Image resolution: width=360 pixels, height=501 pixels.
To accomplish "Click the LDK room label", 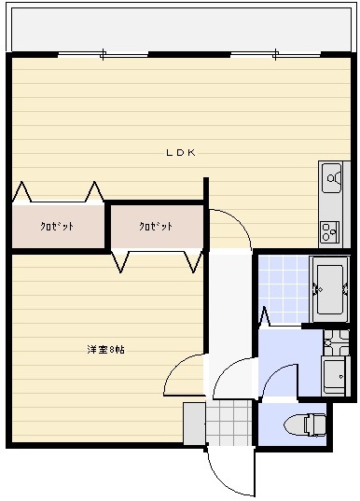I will (180, 153).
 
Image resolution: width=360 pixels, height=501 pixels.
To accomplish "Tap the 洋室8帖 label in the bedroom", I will (106, 350).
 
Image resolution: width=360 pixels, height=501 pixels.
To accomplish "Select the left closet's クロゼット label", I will (57, 227).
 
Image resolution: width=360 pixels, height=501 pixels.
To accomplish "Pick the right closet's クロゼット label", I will (156, 227).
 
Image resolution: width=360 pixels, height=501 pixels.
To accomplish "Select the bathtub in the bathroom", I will (329, 287).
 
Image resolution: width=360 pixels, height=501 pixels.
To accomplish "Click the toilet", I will (312, 424).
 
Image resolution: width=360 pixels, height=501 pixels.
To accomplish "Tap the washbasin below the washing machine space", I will (333, 376).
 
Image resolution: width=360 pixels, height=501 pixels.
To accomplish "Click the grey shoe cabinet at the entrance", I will (193, 424).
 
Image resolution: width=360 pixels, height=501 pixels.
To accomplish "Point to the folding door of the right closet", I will (157, 260).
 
